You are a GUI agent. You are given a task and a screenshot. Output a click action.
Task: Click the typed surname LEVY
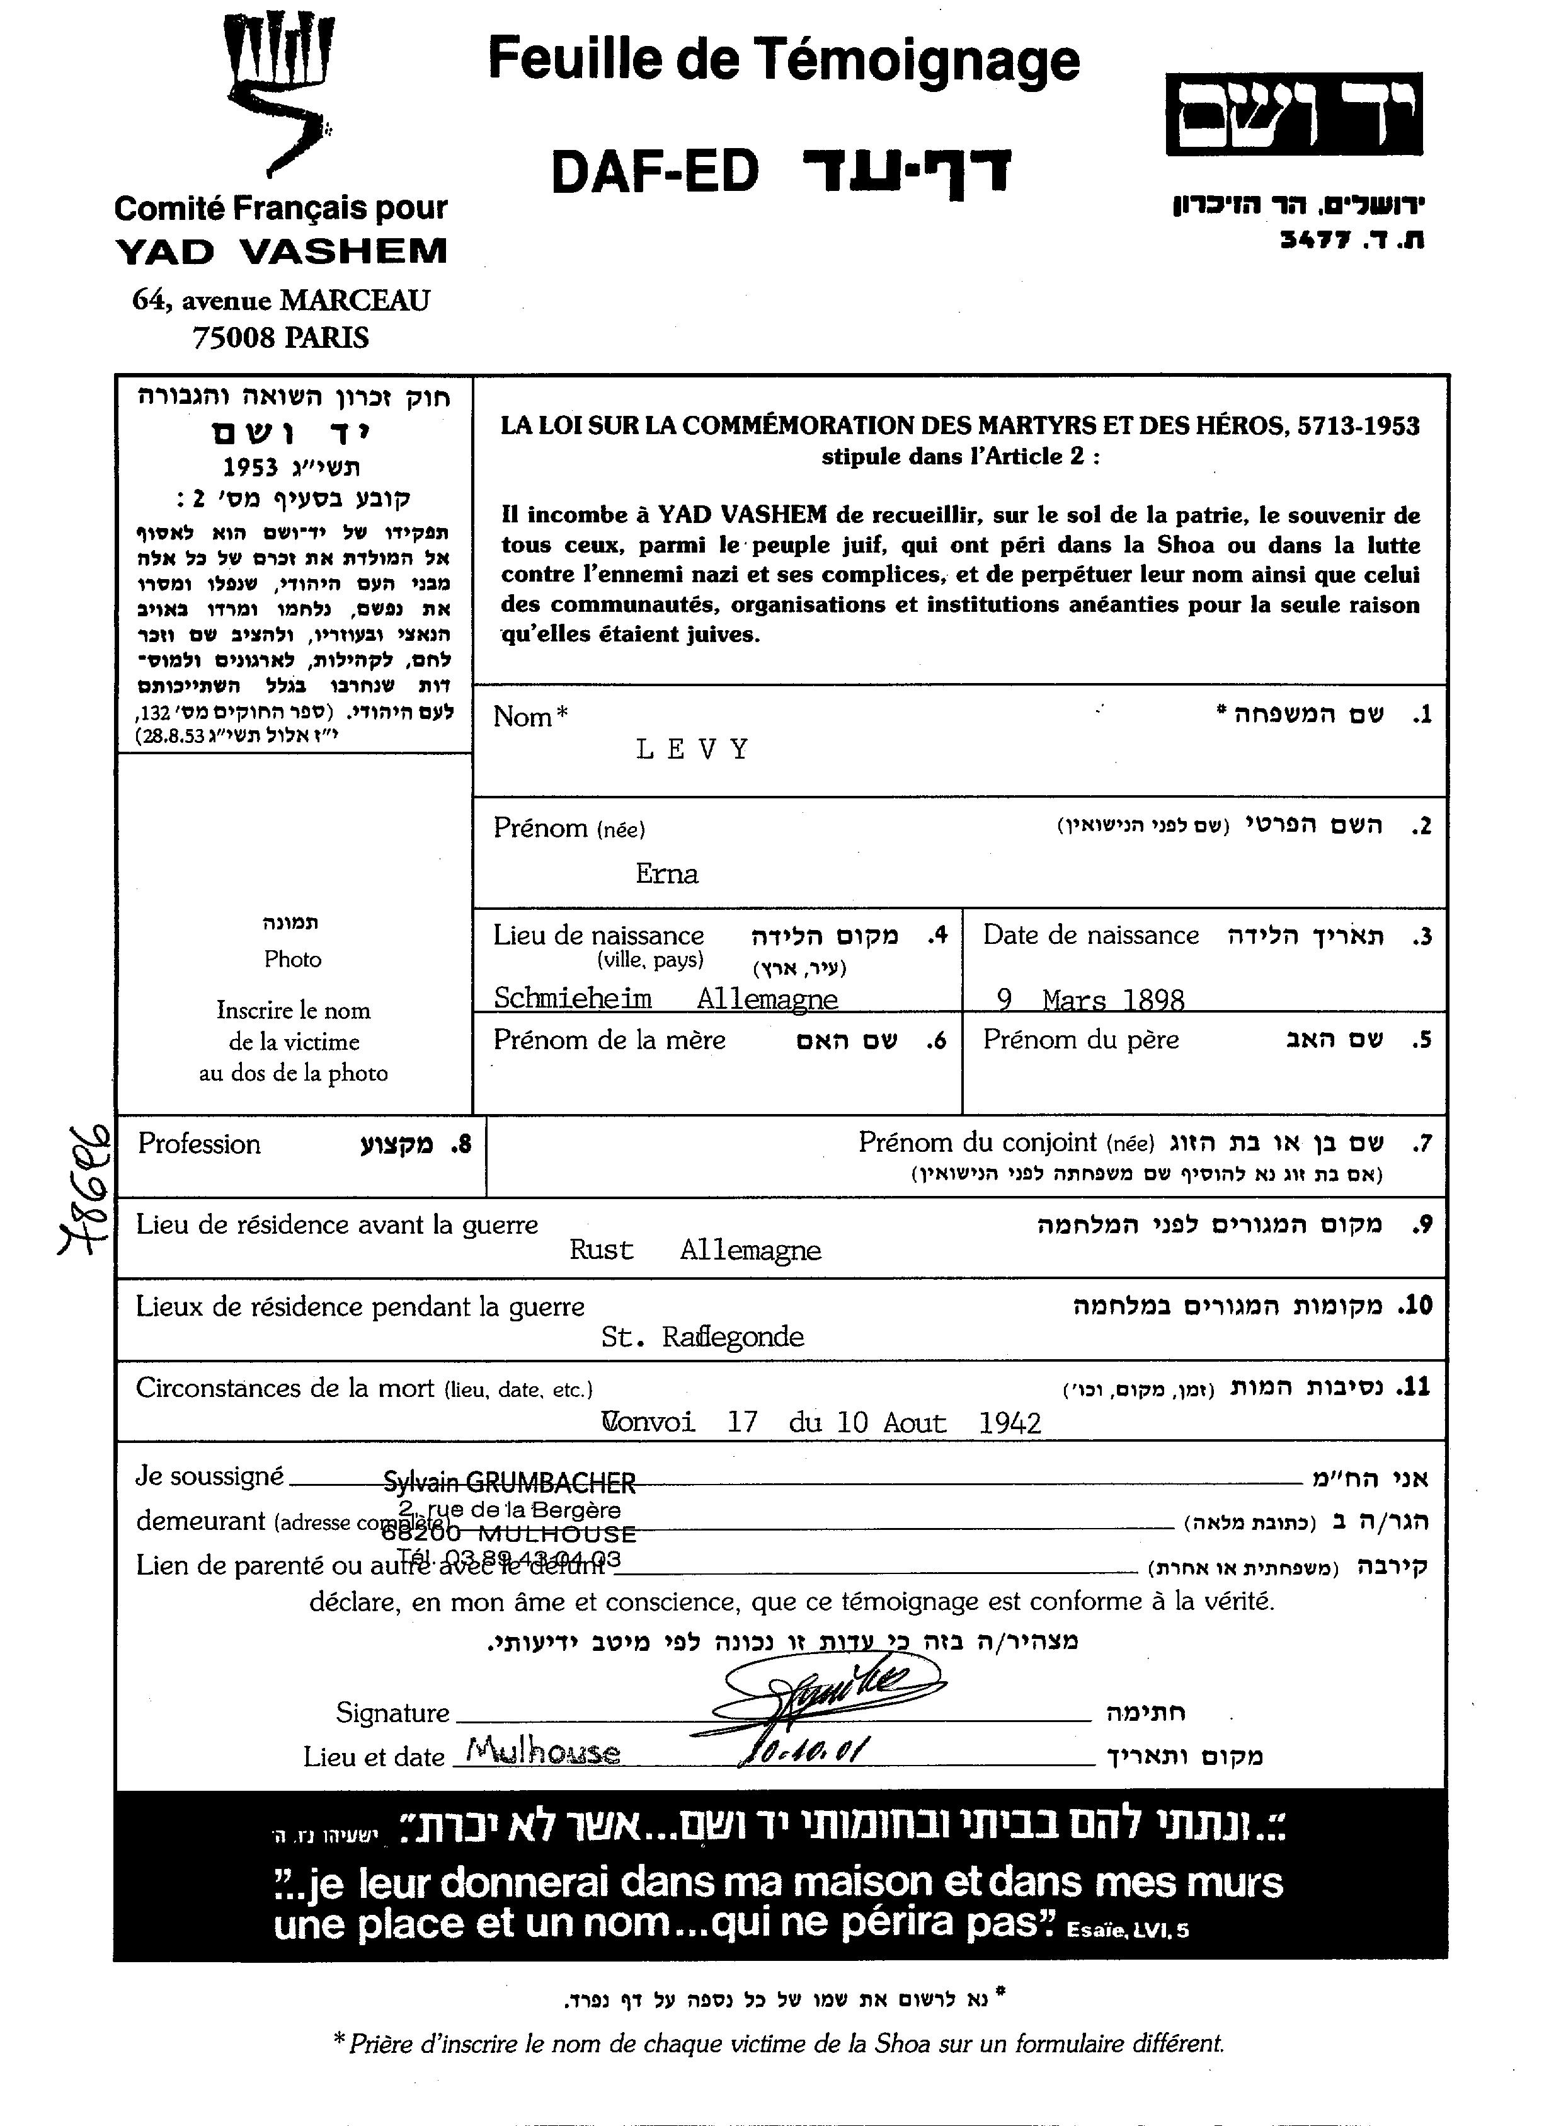(693, 750)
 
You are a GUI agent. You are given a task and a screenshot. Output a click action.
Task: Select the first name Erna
(666, 874)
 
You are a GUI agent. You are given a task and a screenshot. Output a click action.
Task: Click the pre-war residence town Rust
(601, 1251)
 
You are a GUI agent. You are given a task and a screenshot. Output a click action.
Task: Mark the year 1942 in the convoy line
(1010, 1423)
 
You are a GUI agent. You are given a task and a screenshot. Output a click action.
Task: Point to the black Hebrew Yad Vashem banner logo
(1294, 114)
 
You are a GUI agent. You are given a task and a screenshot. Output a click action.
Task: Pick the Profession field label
(199, 1144)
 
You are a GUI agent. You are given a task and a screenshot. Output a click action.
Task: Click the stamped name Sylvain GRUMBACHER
(508, 1483)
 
